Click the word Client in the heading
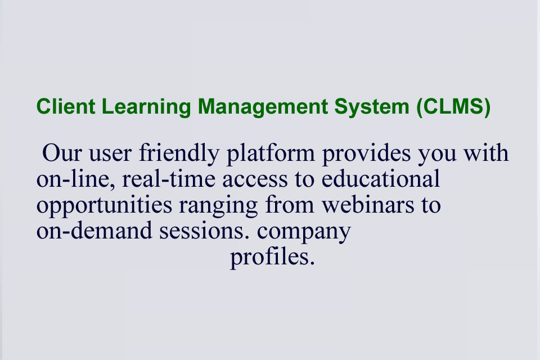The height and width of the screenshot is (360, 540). [x=66, y=106]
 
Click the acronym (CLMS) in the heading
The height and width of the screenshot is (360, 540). [x=453, y=107]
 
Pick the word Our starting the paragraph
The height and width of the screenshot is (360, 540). [x=62, y=153]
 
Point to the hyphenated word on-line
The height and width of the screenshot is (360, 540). [x=76, y=179]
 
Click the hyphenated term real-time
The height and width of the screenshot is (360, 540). [x=169, y=179]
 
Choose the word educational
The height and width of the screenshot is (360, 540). [x=381, y=179]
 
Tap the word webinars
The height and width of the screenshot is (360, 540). [x=368, y=205]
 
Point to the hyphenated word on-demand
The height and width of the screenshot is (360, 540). [x=94, y=231]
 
